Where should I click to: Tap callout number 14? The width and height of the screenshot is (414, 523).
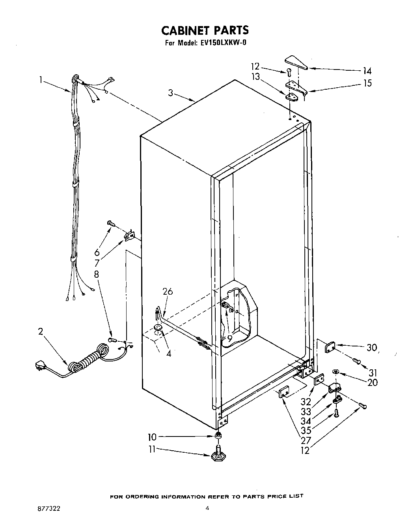coord(367,71)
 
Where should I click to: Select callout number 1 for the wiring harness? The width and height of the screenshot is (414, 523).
coord(41,80)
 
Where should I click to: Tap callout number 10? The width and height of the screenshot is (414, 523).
coord(152,437)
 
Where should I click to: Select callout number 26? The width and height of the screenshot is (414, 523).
coord(168,292)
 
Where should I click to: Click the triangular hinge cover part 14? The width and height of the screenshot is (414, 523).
coord(296,62)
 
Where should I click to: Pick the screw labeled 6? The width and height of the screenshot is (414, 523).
coord(111,224)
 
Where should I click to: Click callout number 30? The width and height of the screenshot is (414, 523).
coord(371,348)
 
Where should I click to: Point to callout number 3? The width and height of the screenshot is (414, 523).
coord(170,93)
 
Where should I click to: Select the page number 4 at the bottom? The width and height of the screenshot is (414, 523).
coord(207,509)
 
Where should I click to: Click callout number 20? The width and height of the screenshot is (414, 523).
coord(372,382)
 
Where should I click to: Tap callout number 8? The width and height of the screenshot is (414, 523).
coord(97,274)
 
